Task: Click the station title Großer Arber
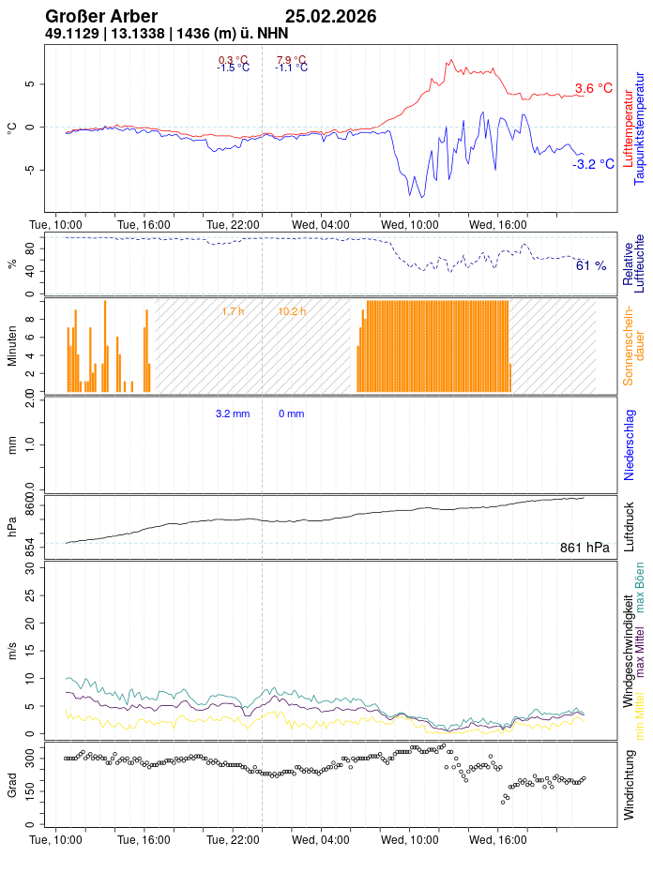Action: (x=101, y=17)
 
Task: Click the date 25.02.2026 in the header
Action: (x=330, y=17)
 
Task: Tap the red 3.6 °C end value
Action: (x=593, y=89)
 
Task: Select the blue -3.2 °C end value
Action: (x=593, y=164)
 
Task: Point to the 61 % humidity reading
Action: (x=591, y=266)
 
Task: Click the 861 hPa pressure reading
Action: (x=585, y=548)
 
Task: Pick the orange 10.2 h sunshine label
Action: (x=292, y=311)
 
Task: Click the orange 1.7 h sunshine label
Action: (x=233, y=311)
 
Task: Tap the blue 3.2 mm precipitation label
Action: (x=233, y=413)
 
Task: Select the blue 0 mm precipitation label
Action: (x=291, y=413)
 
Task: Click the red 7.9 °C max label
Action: (x=291, y=60)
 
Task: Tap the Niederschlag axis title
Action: (x=630, y=444)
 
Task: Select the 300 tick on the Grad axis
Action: (x=28, y=753)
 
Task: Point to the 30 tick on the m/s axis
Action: (x=29, y=568)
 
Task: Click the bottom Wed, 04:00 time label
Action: (x=321, y=840)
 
